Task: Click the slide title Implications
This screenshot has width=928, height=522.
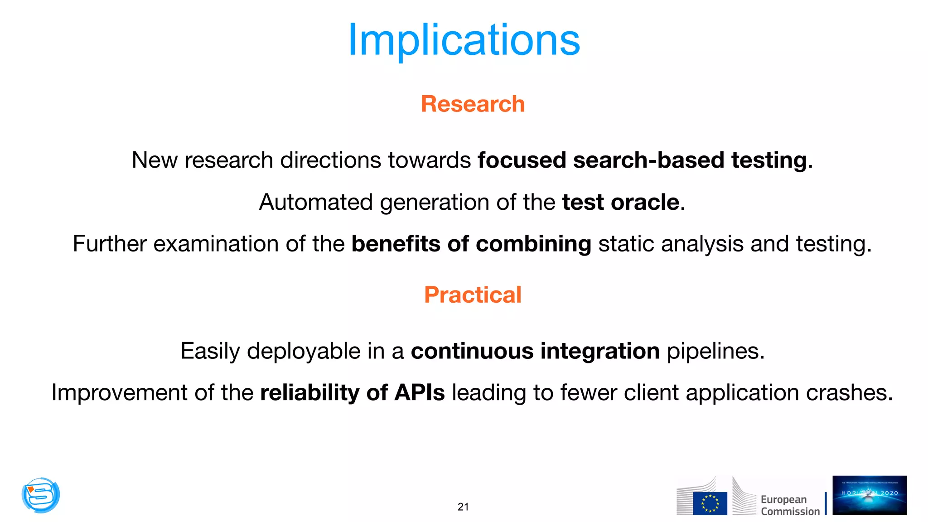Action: (464, 41)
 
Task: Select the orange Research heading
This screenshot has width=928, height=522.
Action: (473, 104)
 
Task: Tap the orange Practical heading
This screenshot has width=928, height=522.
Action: (473, 295)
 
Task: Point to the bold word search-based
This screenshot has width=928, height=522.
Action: (648, 160)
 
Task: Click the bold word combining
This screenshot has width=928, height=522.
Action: (533, 244)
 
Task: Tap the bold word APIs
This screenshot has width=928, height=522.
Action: (420, 392)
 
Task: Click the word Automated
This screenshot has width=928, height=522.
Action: (315, 202)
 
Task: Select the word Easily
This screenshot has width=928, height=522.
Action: (210, 351)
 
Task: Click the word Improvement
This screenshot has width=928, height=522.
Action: (119, 392)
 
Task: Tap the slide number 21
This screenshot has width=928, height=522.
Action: (463, 507)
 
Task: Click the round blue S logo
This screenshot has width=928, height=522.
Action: (41, 495)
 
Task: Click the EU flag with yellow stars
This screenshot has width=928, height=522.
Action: (710, 503)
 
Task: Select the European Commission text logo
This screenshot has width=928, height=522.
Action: (790, 505)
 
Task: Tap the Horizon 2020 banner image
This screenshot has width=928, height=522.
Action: (869, 495)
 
